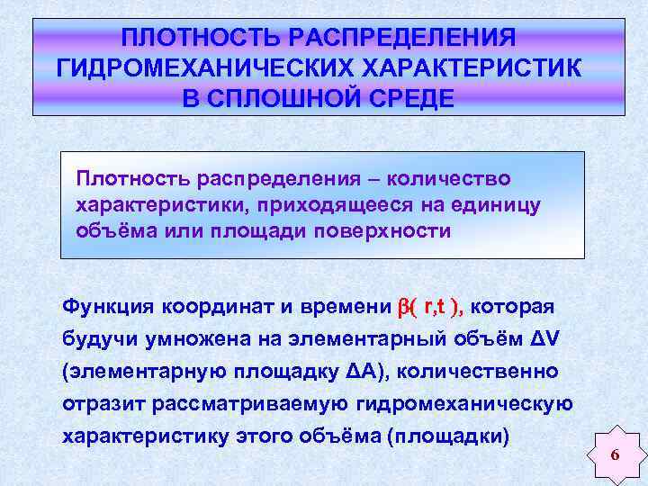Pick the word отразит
pos(99,404)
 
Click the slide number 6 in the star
pos(614,455)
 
